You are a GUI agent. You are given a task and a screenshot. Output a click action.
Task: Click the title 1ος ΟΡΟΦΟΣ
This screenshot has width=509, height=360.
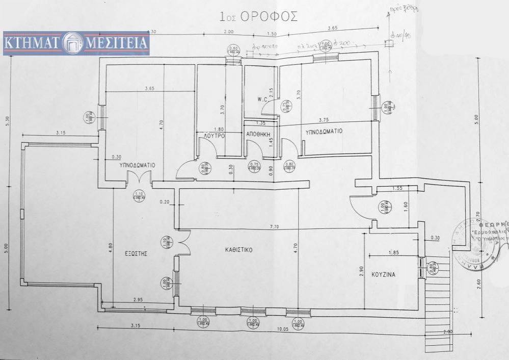pos(259,15)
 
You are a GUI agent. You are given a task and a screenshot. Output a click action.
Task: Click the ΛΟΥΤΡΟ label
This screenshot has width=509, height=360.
pos(214,136)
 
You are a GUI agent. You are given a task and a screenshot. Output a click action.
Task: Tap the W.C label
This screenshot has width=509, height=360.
pos(262,100)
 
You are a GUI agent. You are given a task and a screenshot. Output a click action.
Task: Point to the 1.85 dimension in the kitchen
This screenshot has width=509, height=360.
pos(393,251)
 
